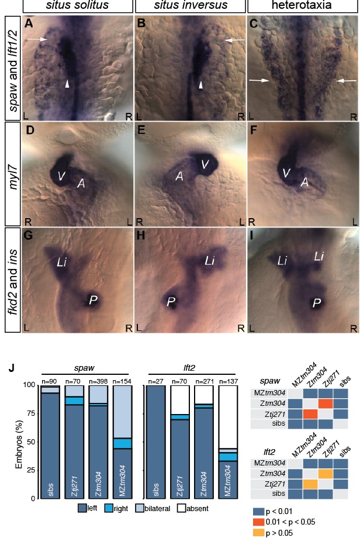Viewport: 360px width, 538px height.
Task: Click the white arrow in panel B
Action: pos(235,40)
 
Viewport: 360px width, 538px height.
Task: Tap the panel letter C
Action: pos(254,23)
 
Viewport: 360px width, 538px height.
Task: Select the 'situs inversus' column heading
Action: pos(191,5)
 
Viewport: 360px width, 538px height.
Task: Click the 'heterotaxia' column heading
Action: pos(302,5)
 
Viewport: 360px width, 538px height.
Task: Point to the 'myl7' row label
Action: pos(13,174)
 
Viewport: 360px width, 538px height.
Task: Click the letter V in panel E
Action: pos(205,164)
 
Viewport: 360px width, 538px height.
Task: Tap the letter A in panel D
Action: pos(81,184)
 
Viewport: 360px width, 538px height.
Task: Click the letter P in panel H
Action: pos(171,302)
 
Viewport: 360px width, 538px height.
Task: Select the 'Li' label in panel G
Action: pos(61,263)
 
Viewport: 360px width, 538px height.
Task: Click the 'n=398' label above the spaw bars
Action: pos(98,381)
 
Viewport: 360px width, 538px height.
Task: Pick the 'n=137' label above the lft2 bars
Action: pos(227,381)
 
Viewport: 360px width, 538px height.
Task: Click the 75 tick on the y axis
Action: pos(30,413)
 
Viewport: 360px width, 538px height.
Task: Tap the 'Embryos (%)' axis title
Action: pos(19,442)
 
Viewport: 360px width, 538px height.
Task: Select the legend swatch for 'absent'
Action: pos(182,508)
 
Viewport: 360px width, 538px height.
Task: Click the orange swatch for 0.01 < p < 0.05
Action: pos(258,522)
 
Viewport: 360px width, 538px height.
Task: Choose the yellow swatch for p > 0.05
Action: pos(258,533)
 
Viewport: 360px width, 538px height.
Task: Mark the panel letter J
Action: pos(11,368)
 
